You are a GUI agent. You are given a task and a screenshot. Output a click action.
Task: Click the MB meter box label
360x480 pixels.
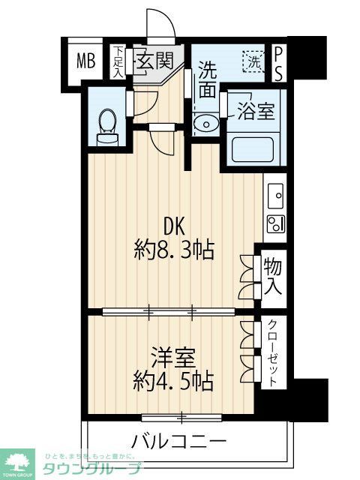click(85, 61)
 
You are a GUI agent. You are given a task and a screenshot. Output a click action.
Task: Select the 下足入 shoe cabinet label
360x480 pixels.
click(118, 61)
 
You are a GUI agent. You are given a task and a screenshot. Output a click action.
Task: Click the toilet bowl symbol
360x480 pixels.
click(106, 121)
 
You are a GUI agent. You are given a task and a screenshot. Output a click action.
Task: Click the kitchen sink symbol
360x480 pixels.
click(274, 196)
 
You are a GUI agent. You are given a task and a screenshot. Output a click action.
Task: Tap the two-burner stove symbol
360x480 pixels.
click(274, 223)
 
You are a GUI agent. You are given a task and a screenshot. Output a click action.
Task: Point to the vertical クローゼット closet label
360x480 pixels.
click(273, 353)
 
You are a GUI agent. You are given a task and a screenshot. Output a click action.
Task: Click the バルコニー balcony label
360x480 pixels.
click(178, 440)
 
